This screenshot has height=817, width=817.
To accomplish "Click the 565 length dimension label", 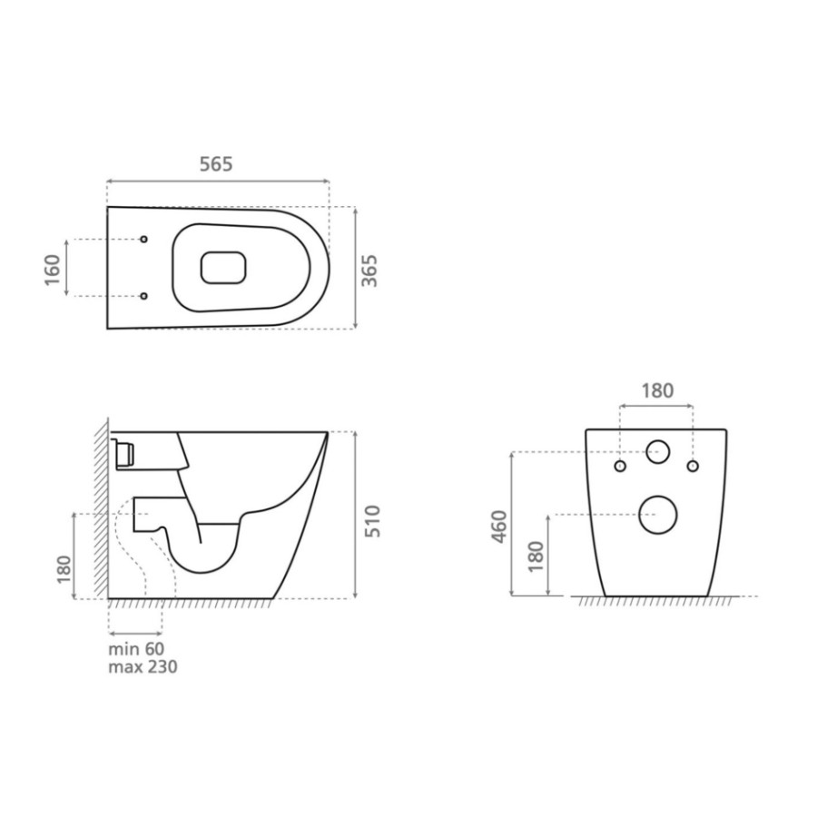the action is click(216, 164).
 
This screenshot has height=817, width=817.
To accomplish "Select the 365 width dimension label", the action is click(369, 271).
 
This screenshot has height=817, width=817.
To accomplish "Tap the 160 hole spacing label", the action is click(53, 270).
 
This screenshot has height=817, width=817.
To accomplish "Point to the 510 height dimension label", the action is click(372, 521).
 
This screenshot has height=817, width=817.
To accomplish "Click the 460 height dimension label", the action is click(499, 527).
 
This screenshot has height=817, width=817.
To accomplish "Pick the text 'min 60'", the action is click(136, 649).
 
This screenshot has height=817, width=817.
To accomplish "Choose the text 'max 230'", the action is click(143, 666).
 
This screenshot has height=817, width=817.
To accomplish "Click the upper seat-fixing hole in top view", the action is click(143, 239).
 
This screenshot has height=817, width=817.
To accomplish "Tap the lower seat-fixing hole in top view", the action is click(143, 296).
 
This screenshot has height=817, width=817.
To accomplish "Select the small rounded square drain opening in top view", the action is click(223, 268).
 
